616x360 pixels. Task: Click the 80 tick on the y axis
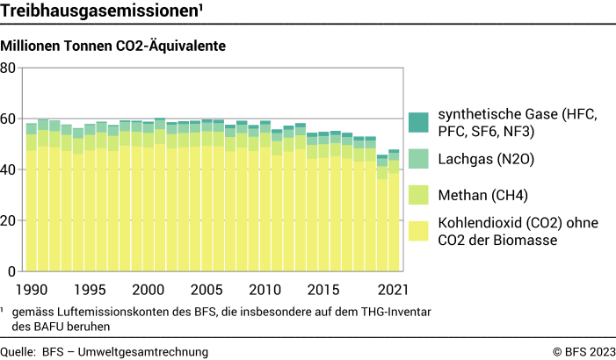(x=9, y=68)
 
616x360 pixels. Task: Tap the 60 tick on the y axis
(x=9, y=119)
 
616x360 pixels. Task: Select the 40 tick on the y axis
(x=9, y=170)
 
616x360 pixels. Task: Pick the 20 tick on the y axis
(x=9, y=221)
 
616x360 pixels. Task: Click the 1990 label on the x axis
(x=32, y=289)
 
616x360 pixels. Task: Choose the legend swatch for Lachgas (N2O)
(x=419, y=159)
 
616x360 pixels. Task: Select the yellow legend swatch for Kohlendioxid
(x=419, y=231)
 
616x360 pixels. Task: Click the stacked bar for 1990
(x=32, y=202)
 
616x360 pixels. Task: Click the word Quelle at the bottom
(x=18, y=352)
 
